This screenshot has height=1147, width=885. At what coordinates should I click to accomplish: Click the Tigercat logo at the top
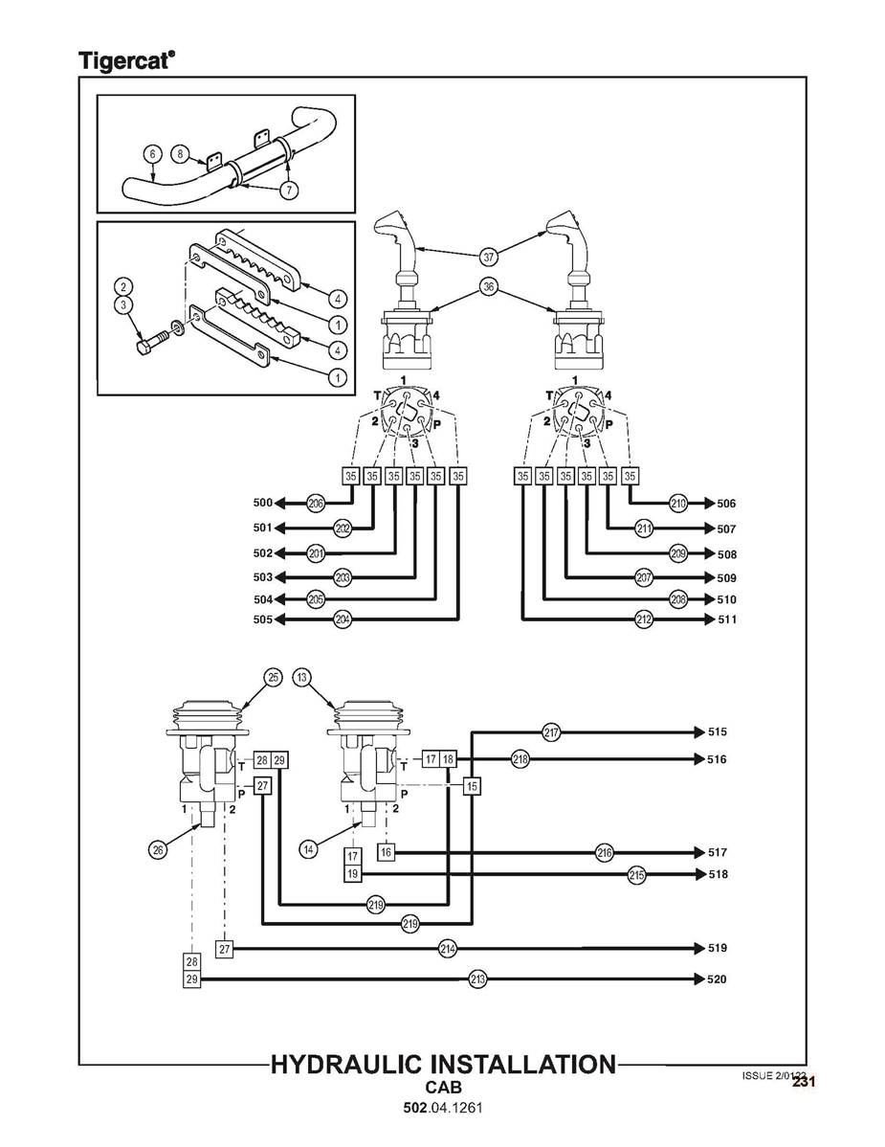tap(126, 60)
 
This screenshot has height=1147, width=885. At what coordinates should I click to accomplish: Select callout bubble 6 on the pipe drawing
tap(151, 153)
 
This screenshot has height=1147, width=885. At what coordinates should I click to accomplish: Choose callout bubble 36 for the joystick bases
tap(489, 287)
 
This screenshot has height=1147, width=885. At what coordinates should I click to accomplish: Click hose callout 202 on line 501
tap(343, 529)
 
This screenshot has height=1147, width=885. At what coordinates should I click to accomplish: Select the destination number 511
tap(726, 620)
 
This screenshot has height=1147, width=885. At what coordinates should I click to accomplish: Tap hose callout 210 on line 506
tap(678, 504)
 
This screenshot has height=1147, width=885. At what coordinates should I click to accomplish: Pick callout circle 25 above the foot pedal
tap(274, 678)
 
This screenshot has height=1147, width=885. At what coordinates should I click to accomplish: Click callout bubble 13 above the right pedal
tap(302, 678)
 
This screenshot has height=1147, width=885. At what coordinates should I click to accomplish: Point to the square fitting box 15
tap(472, 786)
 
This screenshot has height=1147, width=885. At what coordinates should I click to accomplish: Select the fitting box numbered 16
tap(386, 851)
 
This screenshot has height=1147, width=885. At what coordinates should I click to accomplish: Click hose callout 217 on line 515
tap(551, 732)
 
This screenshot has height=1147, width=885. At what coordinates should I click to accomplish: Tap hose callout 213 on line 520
tap(477, 979)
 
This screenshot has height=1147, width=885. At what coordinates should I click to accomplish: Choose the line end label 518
tap(718, 875)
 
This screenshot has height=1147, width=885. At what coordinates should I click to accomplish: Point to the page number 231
tap(803, 1082)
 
